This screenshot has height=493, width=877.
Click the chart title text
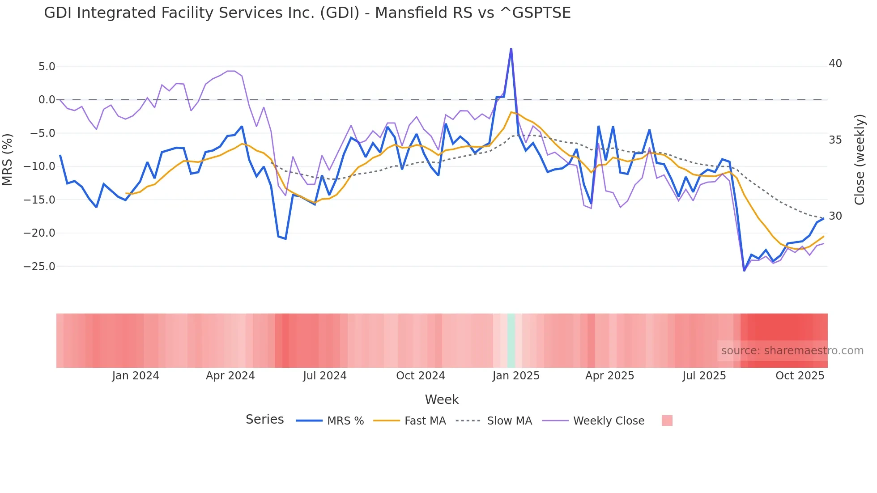point(307,13)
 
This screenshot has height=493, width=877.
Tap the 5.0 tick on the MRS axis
point(47,67)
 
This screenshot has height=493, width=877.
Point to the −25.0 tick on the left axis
point(39,267)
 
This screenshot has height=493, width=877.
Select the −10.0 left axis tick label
point(39,166)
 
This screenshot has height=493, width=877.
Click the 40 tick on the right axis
point(835,64)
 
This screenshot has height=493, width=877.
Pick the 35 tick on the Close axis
point(835,140)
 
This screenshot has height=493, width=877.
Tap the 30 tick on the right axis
point(835,216)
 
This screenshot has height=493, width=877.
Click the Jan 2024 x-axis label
point(135,376)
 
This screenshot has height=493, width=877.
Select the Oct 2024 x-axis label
point(420,376)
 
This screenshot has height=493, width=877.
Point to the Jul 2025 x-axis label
point(704,376)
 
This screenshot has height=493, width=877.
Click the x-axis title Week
point(442,399)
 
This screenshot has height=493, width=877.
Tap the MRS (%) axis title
point(8,160)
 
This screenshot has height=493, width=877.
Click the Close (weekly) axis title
point(859,160)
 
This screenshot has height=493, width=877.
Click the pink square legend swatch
point(667,421)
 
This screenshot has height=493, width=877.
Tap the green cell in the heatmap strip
point(511,340)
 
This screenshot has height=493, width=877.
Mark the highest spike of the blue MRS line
point(511,49)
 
